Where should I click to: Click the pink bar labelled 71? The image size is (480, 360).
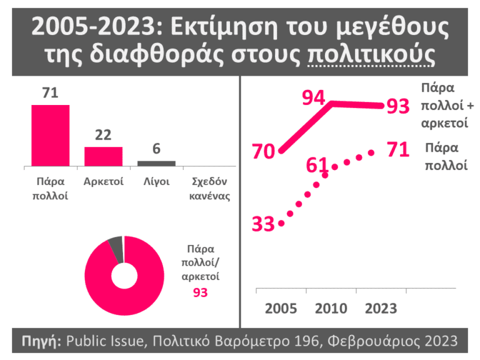(50, 135)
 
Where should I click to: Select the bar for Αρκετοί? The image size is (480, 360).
(103, 156)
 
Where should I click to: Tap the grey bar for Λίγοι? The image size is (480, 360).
(156, 163)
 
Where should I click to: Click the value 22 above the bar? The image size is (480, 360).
(103, 135)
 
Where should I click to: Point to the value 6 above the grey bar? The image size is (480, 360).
(156, 149)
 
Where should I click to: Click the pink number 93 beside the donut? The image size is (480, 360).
(200, 292)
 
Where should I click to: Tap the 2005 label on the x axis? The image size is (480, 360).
(280, 309)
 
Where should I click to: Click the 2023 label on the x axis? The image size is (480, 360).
(380, 309)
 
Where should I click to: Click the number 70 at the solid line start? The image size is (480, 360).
(264, 151)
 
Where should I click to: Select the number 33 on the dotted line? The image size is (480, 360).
(264, 224)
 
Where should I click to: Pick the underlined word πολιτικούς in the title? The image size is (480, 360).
(371, 55)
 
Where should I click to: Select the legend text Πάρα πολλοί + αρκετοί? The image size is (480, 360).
(445, 104)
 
